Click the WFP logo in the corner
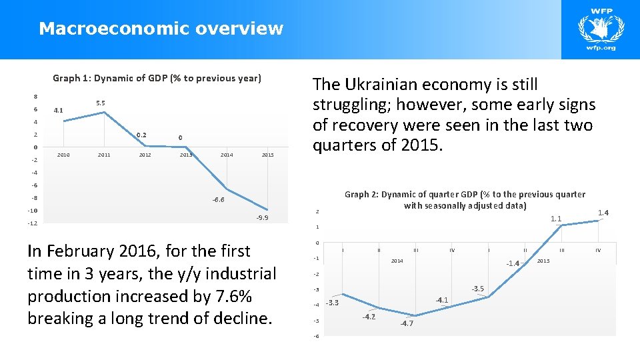coord(600,30)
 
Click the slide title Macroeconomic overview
coord(161,29)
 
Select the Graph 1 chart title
coord(157,78)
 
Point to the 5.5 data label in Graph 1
coord(101,103)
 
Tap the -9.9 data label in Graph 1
coord(262,218)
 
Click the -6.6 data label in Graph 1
coord(218,199)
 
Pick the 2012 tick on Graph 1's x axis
coord(145,155)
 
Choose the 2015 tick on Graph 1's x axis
coord(267,155)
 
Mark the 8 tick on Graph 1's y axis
coord(35,97)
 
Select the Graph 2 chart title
coord(465,200)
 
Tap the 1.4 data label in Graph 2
coord(603,213)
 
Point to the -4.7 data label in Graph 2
coord(407,323)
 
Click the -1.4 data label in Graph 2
coord(512,263)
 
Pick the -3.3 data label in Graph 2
coord(332,303)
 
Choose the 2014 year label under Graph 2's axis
coord(397,261)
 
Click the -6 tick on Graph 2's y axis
coord(317,336)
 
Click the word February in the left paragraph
coord(83,251)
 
